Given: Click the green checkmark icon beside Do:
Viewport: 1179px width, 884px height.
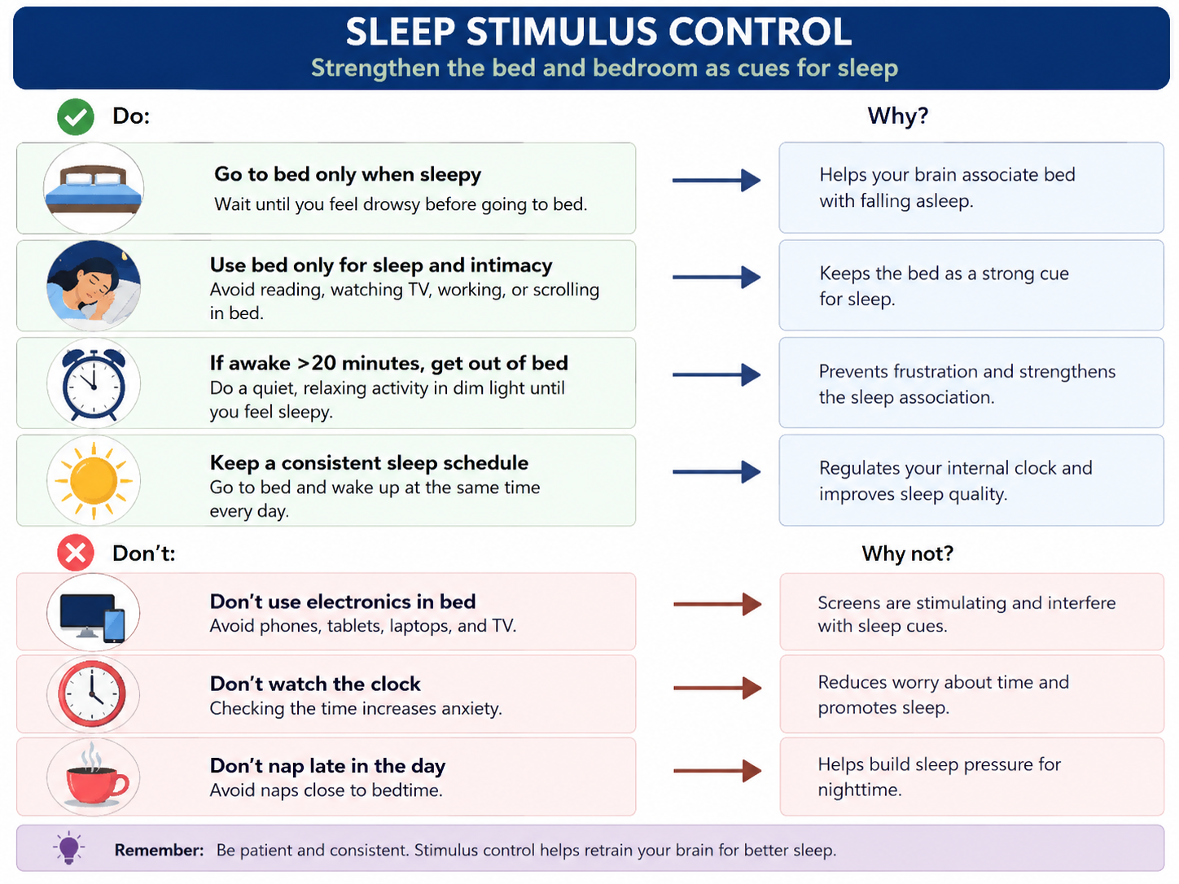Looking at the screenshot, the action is (75, 116).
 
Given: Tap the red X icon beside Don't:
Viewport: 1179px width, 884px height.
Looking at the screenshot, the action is (75, 553).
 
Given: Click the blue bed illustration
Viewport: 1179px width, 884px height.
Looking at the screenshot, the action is (94, 188).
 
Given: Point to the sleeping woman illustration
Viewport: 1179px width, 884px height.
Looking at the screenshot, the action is (94, 284).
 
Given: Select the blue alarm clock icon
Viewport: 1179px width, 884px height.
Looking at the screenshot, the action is (94, 383).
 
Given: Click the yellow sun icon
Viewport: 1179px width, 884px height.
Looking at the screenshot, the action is (94, 480).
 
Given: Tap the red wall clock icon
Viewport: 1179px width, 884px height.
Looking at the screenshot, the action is (92, 694).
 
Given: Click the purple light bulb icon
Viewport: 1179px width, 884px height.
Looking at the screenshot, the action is (68, 848).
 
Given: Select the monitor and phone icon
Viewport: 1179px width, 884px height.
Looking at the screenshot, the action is (92, 617).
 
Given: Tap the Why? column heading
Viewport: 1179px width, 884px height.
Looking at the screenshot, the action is (897, 116).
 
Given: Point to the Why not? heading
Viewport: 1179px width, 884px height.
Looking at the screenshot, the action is (907, 554).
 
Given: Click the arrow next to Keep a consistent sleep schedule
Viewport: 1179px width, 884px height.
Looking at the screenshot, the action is (717, 472).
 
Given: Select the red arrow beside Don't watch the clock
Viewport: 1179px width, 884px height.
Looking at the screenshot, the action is (717, 688).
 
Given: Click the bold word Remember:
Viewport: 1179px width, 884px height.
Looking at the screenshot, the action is (159, 850).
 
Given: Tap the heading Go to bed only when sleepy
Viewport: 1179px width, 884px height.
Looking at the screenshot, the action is (348, 174).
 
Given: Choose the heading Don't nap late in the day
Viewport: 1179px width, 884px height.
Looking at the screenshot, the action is (327, 767).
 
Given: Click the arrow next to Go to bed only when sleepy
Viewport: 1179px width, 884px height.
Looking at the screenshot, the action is (717, 181).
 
